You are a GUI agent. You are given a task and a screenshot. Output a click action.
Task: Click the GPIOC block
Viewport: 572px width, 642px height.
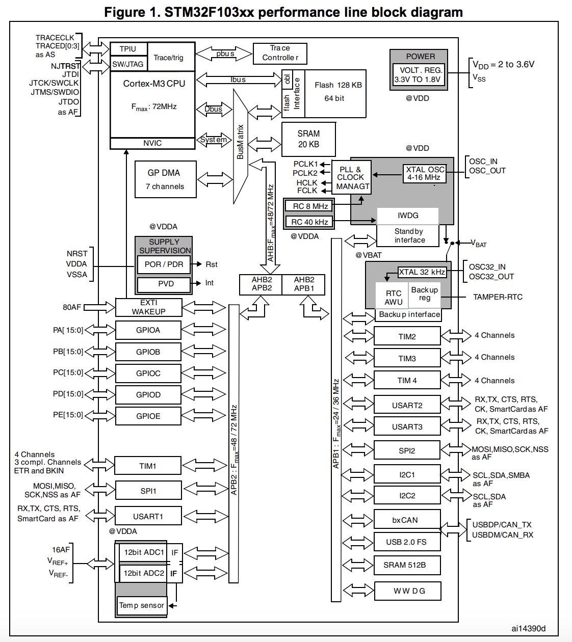[x=148, y=373]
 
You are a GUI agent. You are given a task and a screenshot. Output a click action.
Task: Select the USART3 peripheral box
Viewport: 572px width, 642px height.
[x=407, y=427]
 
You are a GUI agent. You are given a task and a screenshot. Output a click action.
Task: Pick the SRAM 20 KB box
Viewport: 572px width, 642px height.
[x=308, y=139]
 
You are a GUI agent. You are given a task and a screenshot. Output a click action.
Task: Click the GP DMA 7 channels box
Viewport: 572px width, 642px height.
[x=164, y=179]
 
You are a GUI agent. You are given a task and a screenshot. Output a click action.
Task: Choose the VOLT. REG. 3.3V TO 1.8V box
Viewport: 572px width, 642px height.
[x=419, y=74]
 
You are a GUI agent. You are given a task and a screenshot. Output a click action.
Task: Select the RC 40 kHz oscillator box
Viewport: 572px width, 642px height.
[x=309, y=222]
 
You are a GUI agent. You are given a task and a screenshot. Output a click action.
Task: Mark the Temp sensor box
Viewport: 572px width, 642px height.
[x=142, y=606]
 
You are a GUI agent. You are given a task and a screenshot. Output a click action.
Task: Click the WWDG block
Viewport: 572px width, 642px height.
[x=407, y=591]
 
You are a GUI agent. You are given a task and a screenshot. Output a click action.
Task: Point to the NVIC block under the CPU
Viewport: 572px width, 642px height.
[x=152, y=143]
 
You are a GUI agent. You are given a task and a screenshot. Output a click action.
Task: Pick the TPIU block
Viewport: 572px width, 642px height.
[x=128, y=49]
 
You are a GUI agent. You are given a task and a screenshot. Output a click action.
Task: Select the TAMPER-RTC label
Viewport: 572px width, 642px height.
[x=498, y=297]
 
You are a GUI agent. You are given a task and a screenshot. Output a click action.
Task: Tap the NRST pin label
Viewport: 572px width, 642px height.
[x=77, y=253]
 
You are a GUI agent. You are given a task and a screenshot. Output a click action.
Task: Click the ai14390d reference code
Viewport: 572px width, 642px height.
[x=529, y=629]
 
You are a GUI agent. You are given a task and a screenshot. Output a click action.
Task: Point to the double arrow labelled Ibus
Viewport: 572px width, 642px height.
[x=238, y=79]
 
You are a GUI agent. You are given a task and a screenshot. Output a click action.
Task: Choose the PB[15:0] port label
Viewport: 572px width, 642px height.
[x=68, y=352]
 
